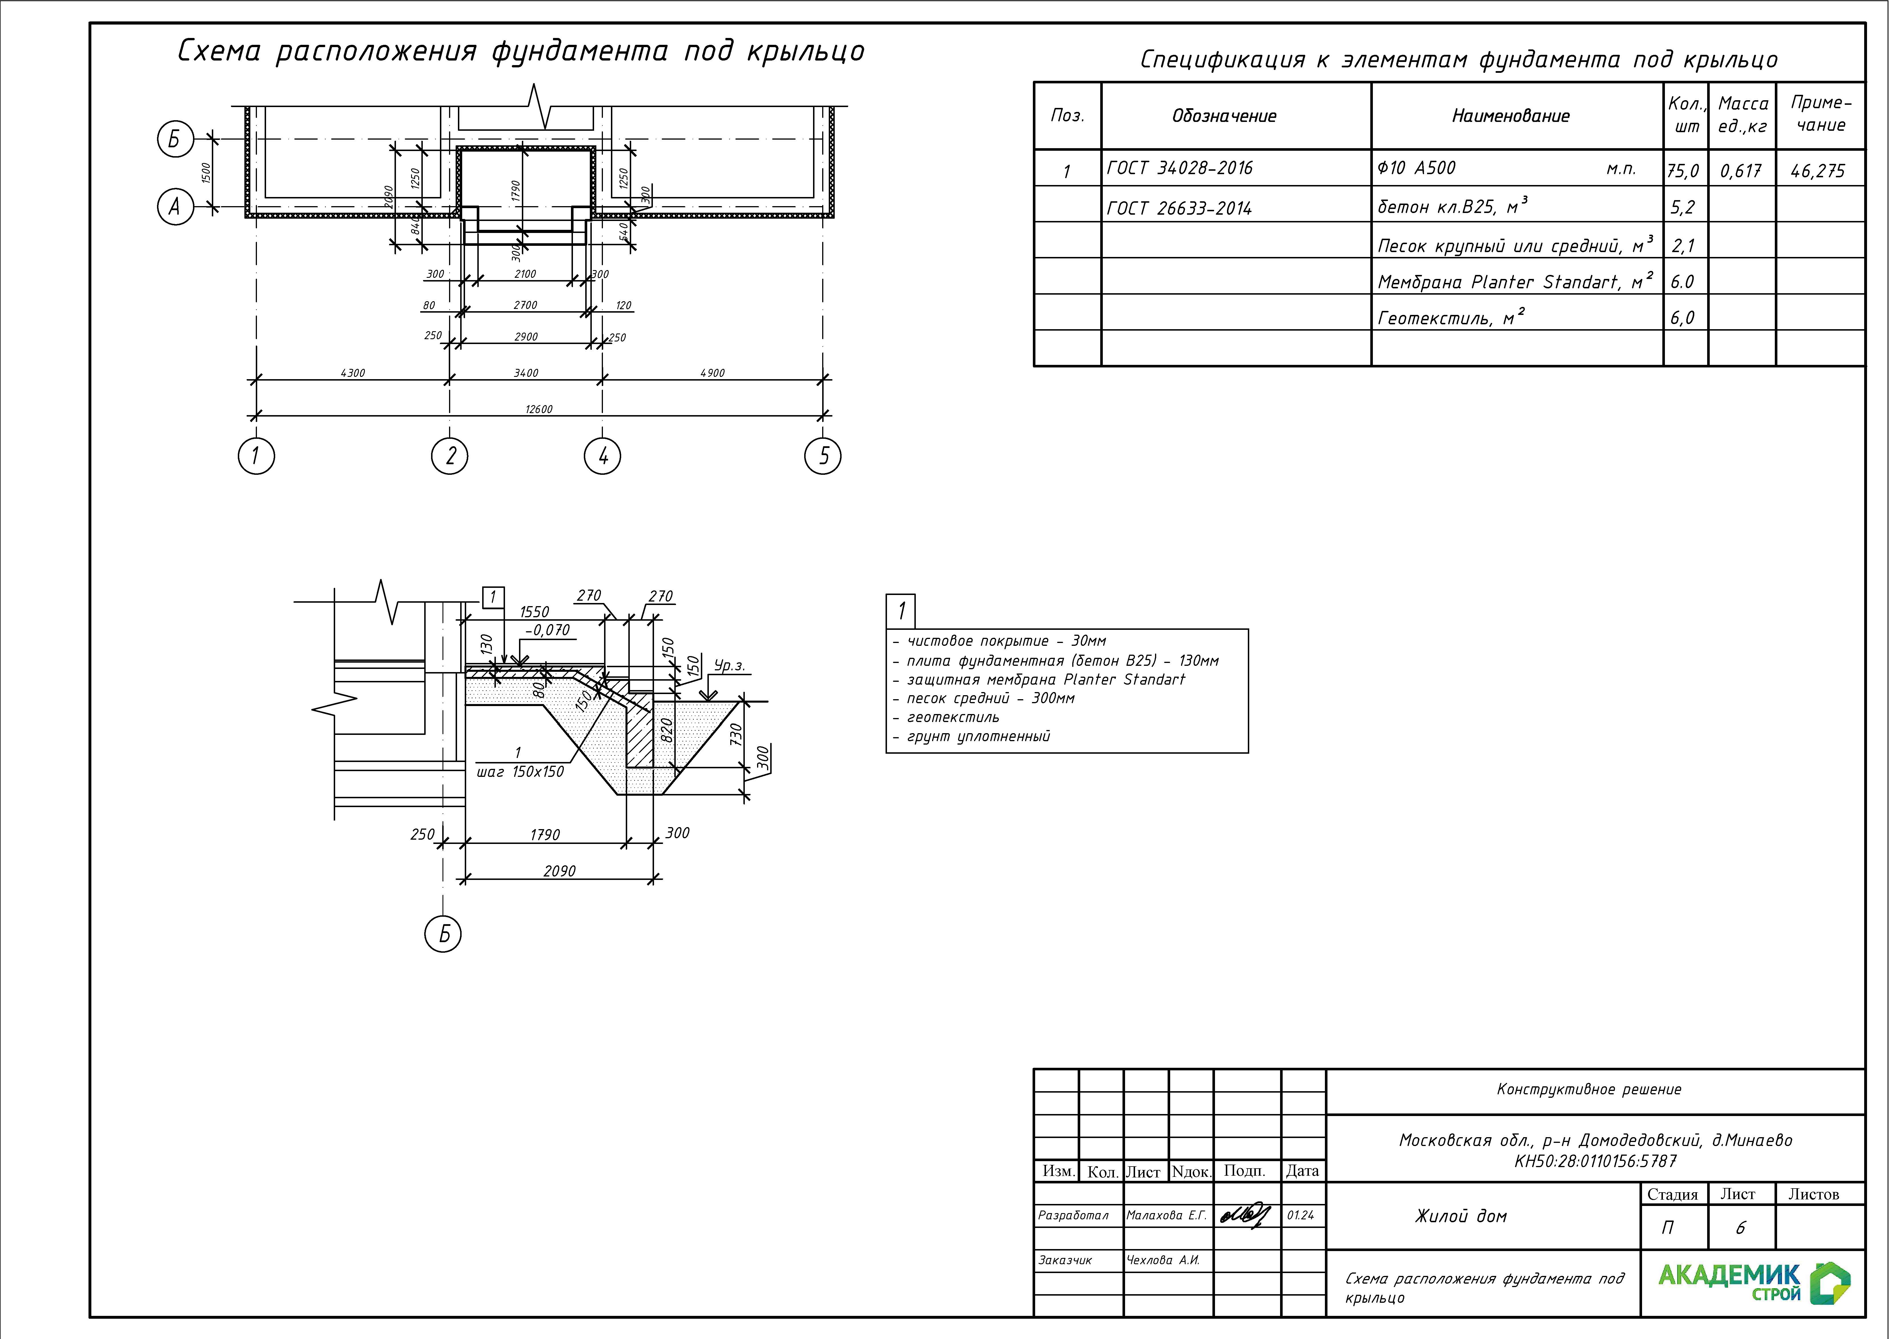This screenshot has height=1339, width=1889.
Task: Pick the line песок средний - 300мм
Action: [x=990, y=698]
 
